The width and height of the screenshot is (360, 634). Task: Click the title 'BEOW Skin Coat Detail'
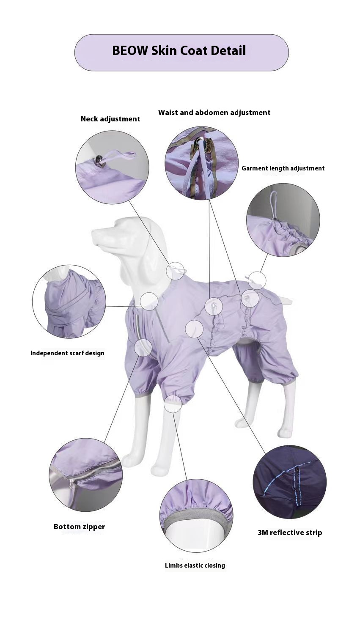(179, 51)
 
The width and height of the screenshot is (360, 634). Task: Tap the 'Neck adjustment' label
(110, 119)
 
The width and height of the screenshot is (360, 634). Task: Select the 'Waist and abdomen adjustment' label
(214, 113)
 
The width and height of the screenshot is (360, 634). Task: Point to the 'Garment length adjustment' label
(283, 168)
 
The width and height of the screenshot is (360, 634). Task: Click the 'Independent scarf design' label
(67, 353)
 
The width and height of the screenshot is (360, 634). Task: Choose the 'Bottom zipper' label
(79, 527)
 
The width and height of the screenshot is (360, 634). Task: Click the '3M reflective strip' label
(290, 532)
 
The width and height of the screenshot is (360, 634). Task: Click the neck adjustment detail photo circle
(113, 167)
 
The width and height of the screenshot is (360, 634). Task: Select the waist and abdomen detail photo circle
(201, 163)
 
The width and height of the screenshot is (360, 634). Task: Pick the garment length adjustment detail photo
(283, 220)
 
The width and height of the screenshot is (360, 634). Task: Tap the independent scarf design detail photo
(69, 302)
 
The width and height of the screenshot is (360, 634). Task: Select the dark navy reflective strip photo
(289, 482)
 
